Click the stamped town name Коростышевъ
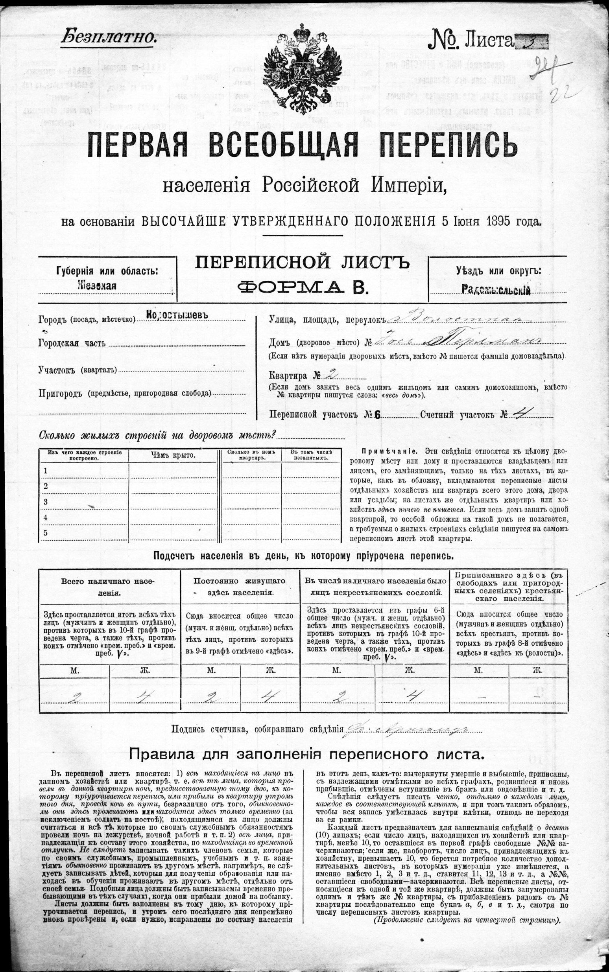click(177, 315)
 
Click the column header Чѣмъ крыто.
click(173, 455)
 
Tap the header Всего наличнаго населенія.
click(108, 587)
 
